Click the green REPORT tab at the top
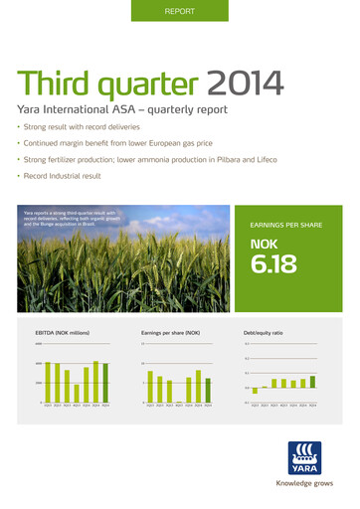point(179,11)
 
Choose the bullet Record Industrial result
point(76,178)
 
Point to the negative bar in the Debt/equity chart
point(255,391)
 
